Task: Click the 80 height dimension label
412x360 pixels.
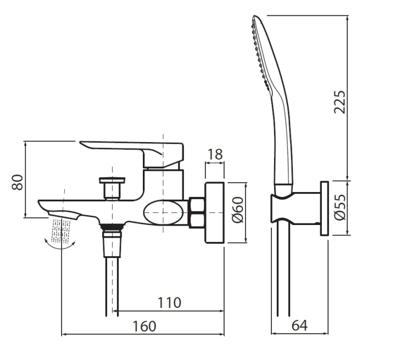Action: [18, 182]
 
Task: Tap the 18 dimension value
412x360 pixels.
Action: [215, 154]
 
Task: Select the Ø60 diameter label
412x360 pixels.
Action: [238, 210]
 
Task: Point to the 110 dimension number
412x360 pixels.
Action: [169, 302]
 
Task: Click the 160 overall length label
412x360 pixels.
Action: [144, 327]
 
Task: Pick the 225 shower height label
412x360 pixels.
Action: [339, 102]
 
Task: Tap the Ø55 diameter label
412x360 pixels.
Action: [340, 207]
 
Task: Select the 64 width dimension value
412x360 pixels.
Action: [299, 325]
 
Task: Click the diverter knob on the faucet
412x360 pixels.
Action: [112, 188]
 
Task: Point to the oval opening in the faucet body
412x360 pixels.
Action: [163, 212]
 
